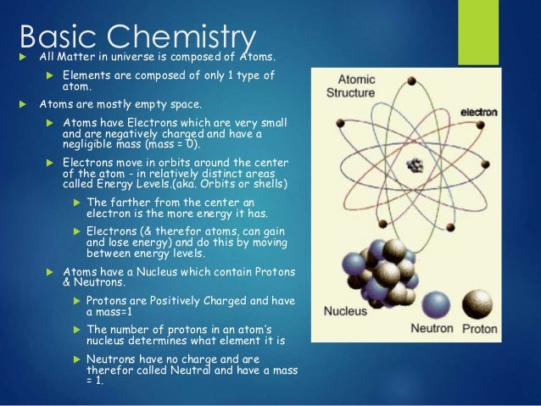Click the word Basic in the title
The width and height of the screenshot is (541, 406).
[53, 36]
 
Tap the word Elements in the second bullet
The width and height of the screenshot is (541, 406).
[86, 76]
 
